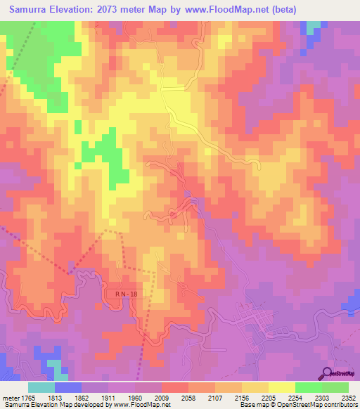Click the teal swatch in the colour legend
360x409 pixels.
(x=41, y=387)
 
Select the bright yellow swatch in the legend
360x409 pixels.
(x=282, y=387)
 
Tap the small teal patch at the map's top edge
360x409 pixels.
(x=313, y=27)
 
